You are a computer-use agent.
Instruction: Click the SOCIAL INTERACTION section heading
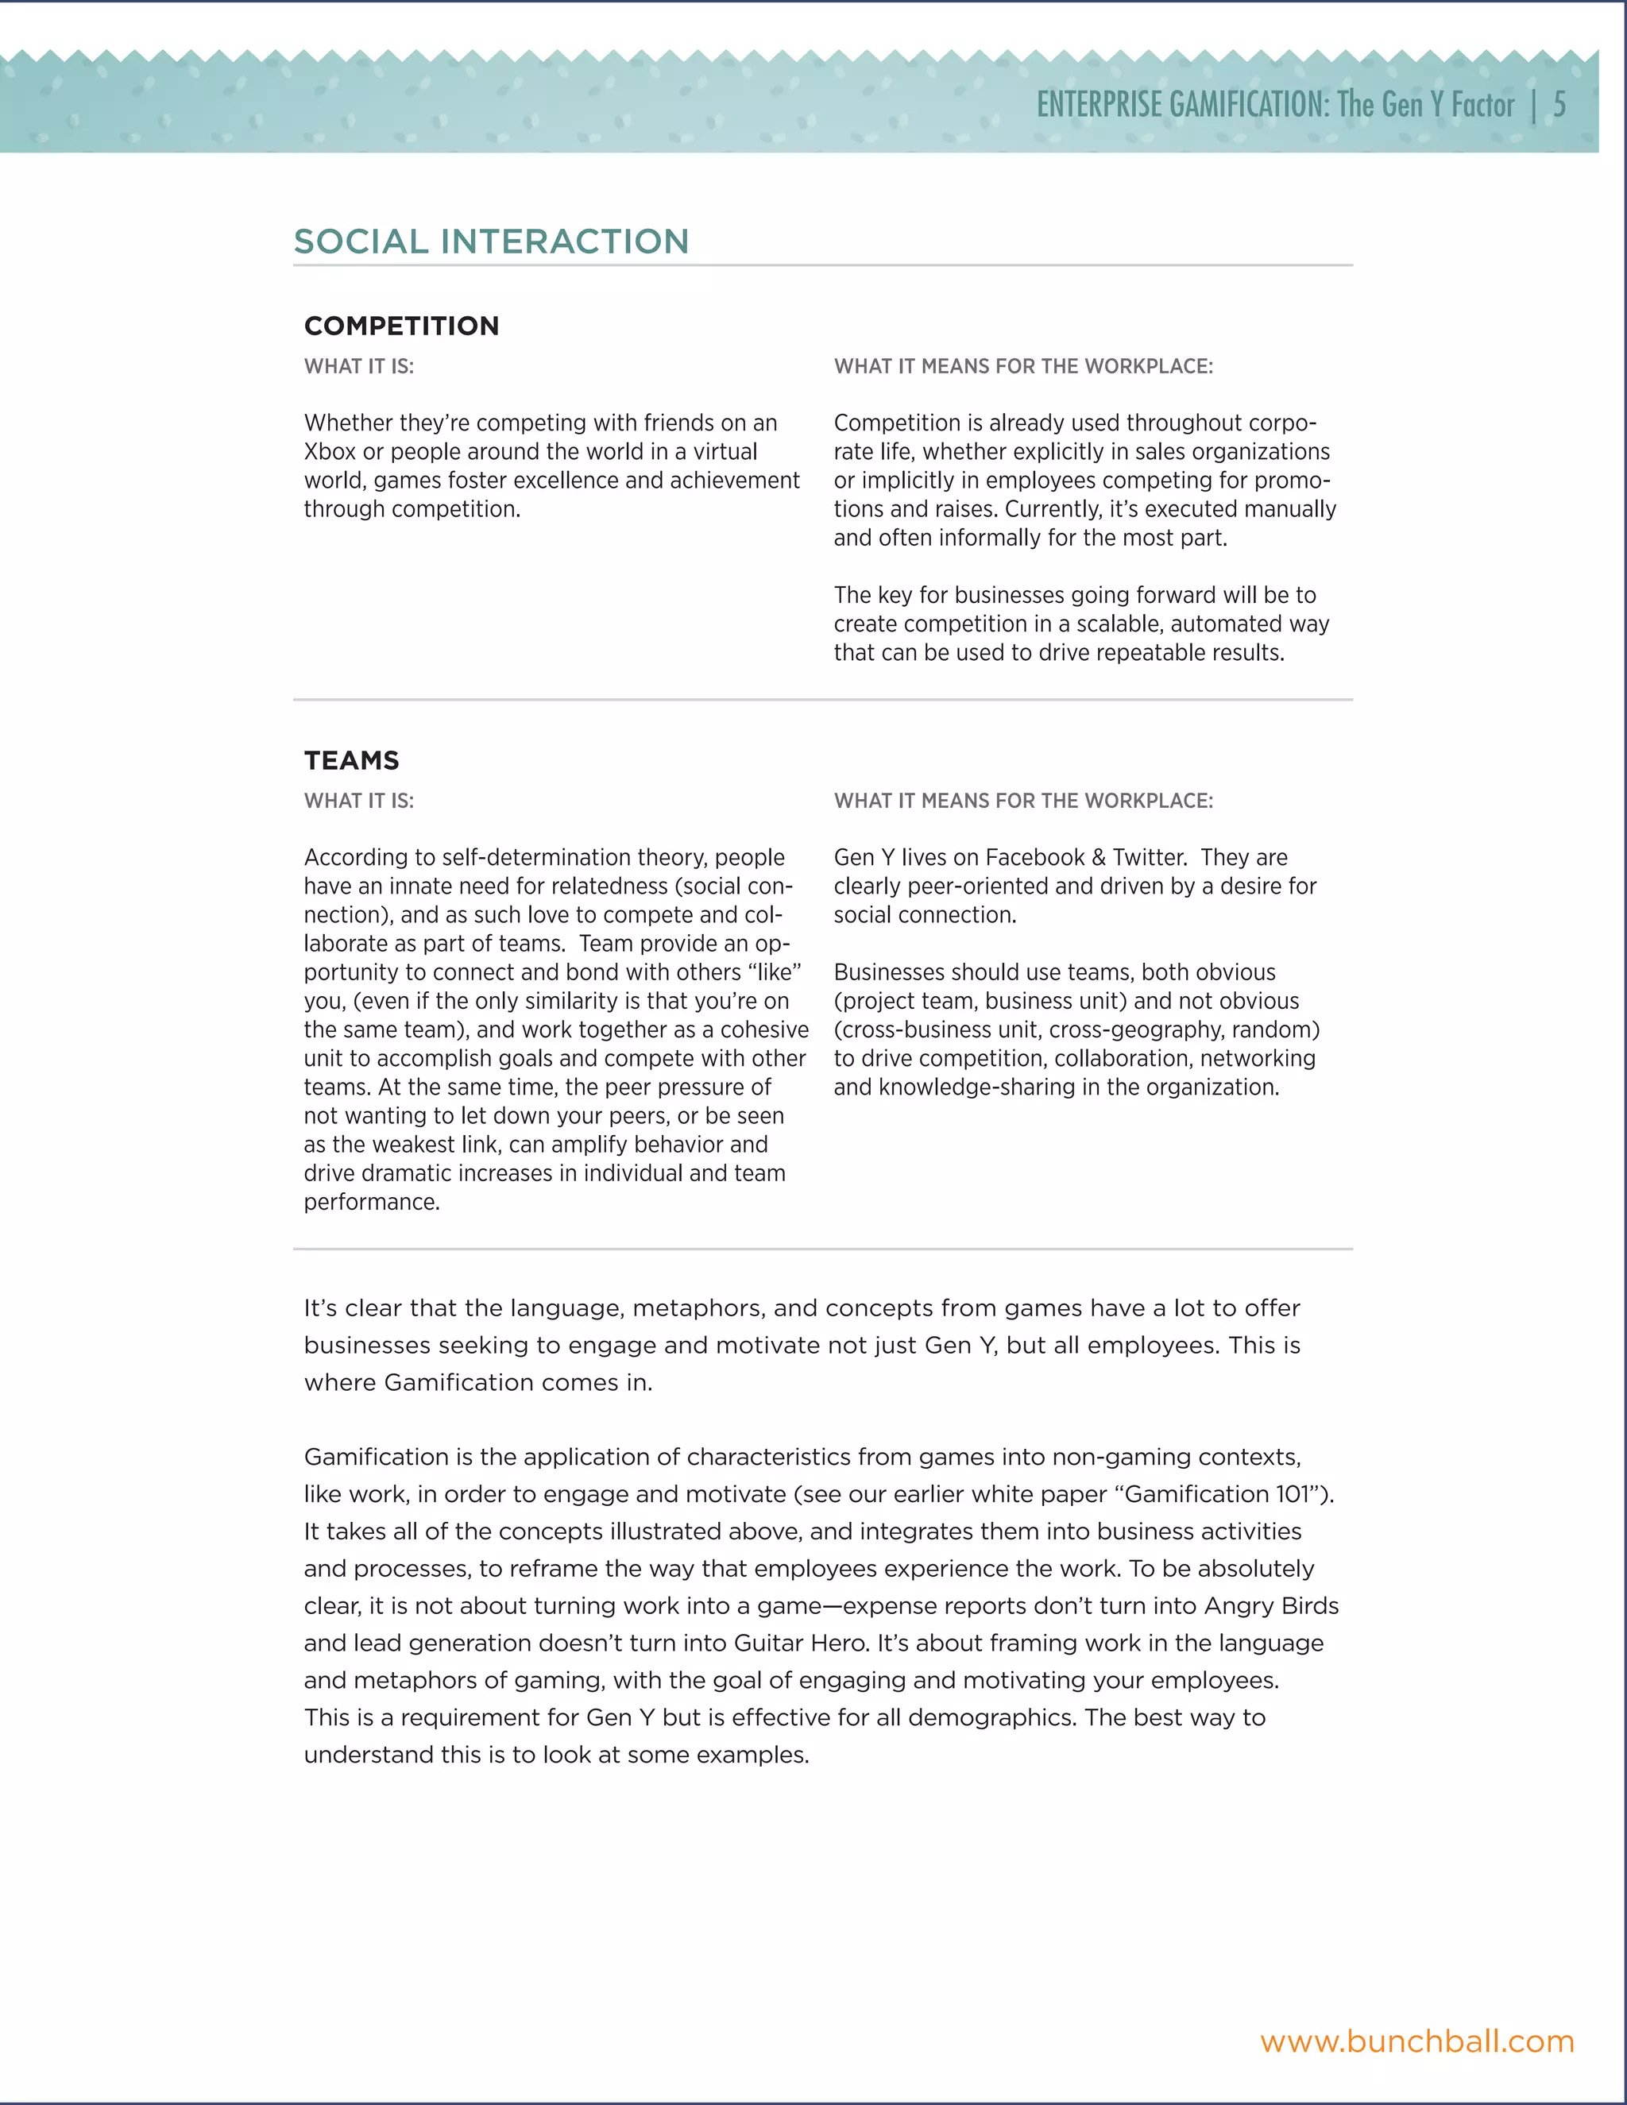(x=491, y=241)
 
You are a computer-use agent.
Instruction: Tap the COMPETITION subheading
(x=401, y=326)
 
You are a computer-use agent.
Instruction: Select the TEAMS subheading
(x=351, y=760)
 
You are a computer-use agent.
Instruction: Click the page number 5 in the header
(x=1559, y=104)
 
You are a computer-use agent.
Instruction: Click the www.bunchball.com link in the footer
(x=1417, y=2041)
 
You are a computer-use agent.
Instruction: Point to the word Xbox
(x=330, y=452)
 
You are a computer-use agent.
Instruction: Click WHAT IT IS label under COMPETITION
(x=358, y=366)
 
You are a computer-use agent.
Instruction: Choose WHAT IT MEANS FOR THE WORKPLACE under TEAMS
(x=1022, y=801)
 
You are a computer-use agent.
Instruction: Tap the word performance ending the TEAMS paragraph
(x=370, y=1202)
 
